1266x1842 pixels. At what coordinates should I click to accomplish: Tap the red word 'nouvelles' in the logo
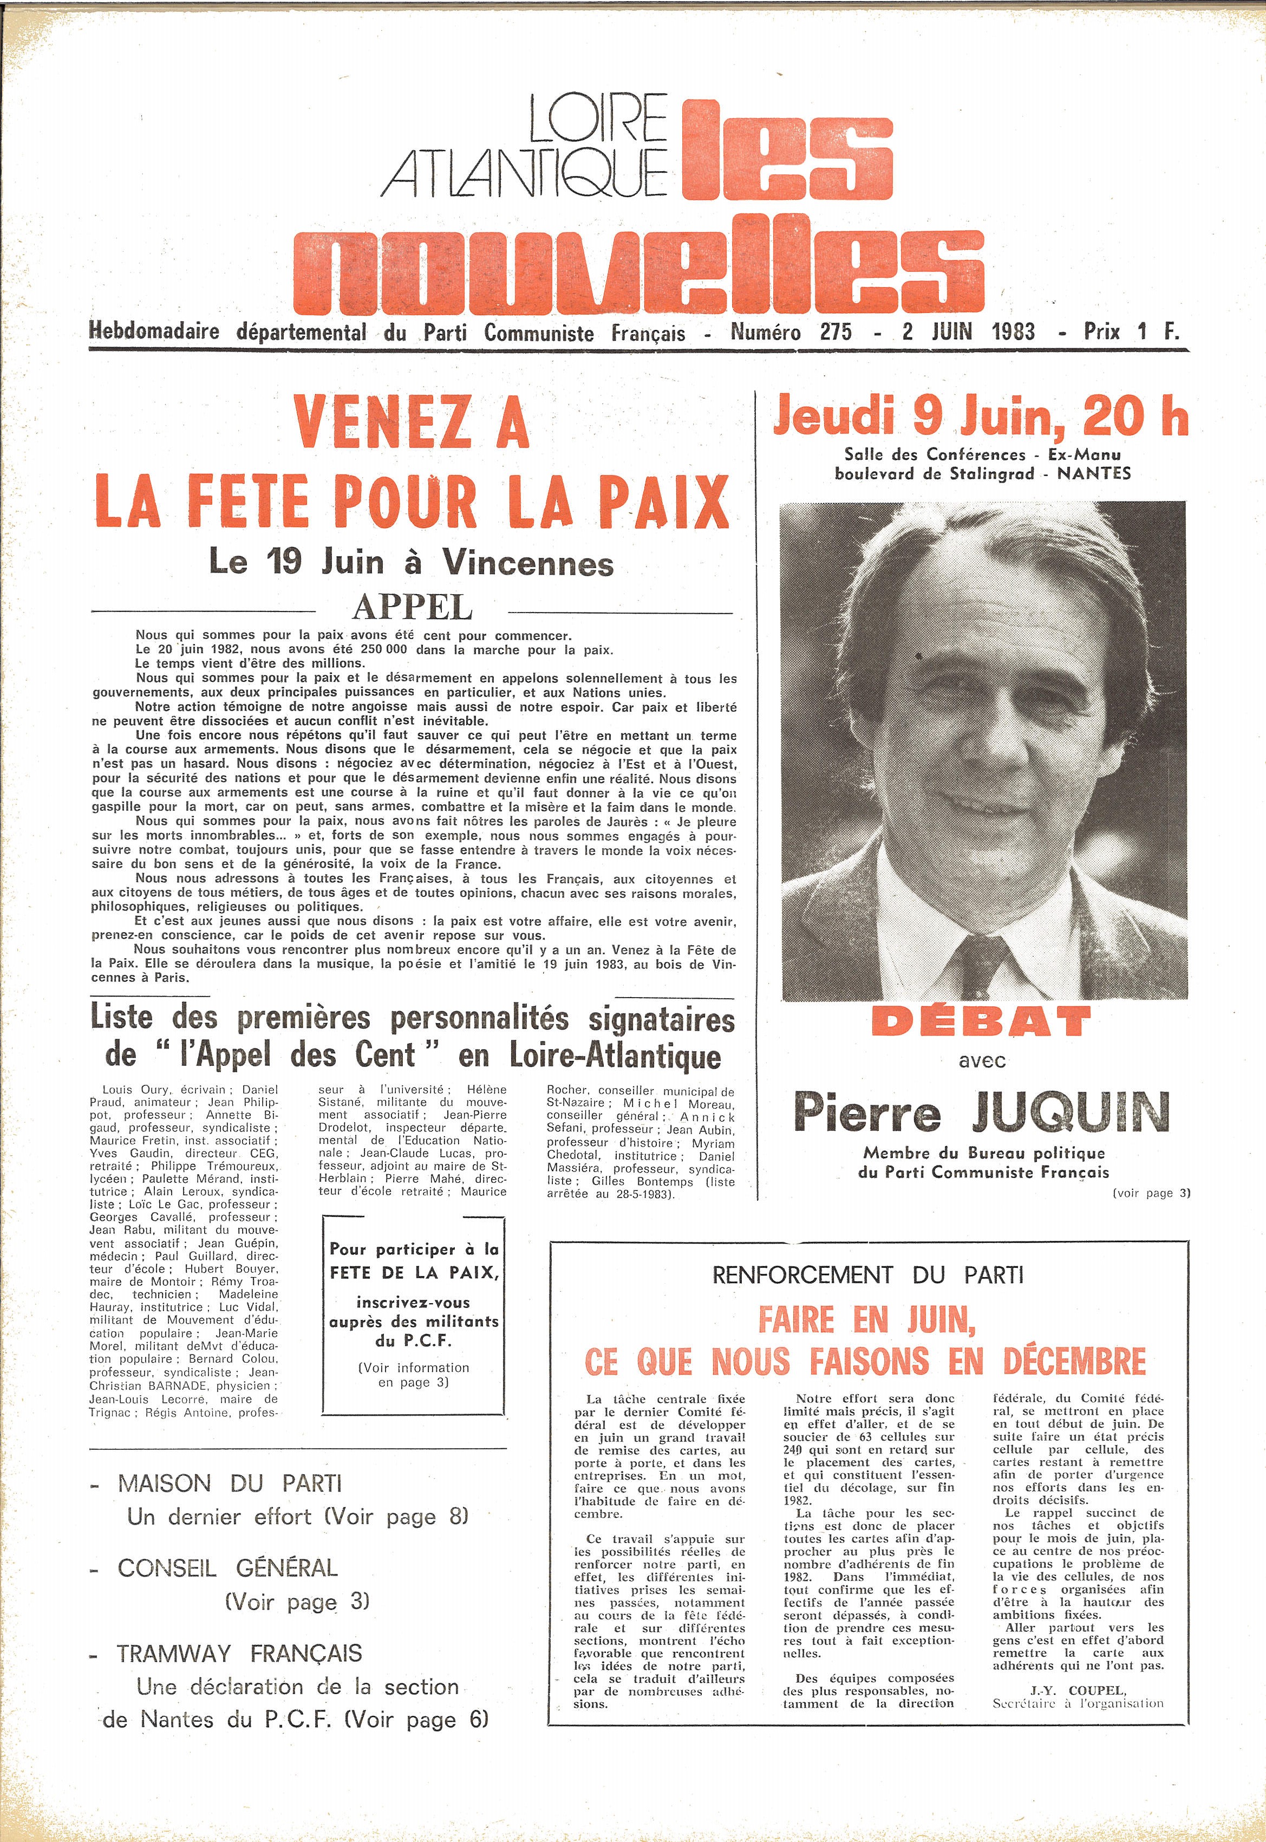pyautogui.click(x=638, y=255)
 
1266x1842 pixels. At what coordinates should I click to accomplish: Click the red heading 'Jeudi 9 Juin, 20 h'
pyautogui.click(x=981, y=416)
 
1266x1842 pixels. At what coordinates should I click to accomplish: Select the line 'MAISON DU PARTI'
pyautogui.click(x=229, y=1483)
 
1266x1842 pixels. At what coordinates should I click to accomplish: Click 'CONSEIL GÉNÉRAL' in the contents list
pyautogui.click(x=227, y=1567)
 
